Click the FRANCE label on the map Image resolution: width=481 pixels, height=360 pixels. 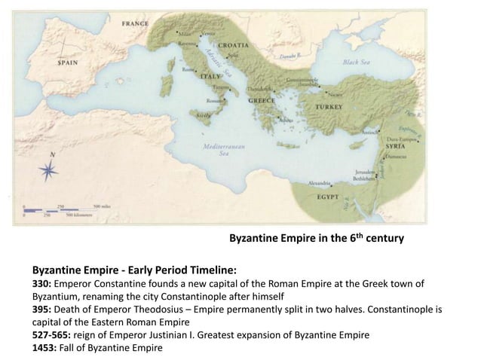click(135, 23)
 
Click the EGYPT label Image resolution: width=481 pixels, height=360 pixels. click(329, 197)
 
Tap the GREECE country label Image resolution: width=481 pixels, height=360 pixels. click(262, 100)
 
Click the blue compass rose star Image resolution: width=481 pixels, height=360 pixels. click(48, 171)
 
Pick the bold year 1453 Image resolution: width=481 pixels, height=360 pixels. click(44, 348)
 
